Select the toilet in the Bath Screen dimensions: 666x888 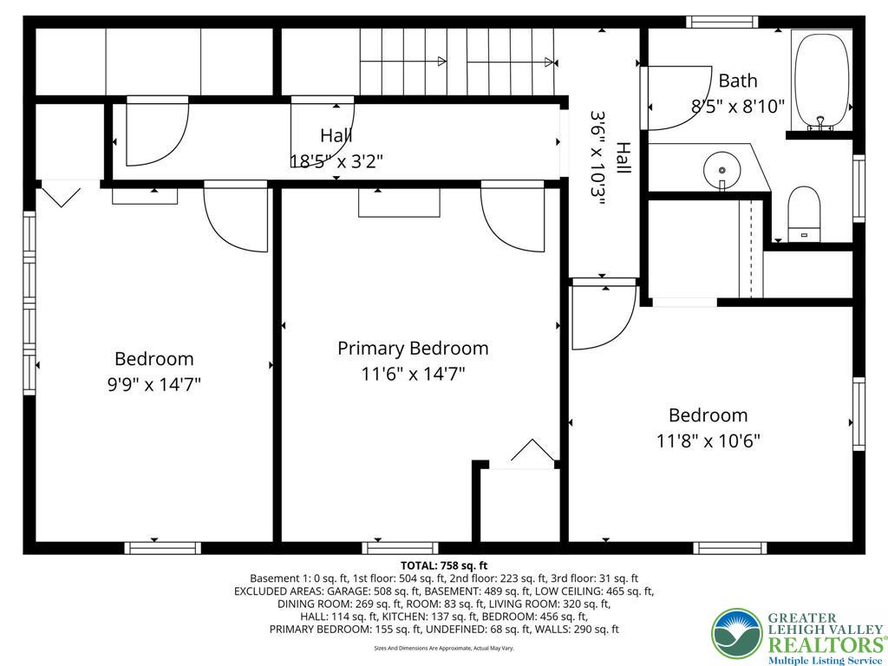tap(804, 213)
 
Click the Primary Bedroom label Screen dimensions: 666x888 tap(413, 349)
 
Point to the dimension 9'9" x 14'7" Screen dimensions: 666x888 tap(154, 384)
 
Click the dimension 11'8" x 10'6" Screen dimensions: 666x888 tap(708, 441)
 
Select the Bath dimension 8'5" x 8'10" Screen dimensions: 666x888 tap(738, 107)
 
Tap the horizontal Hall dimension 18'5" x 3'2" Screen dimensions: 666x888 tap(336, 160)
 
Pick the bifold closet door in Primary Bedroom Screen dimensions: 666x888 tap(531, 454)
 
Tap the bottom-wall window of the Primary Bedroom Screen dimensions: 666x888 tap(400, 547)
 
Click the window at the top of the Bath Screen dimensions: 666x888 tap(722, 22)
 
